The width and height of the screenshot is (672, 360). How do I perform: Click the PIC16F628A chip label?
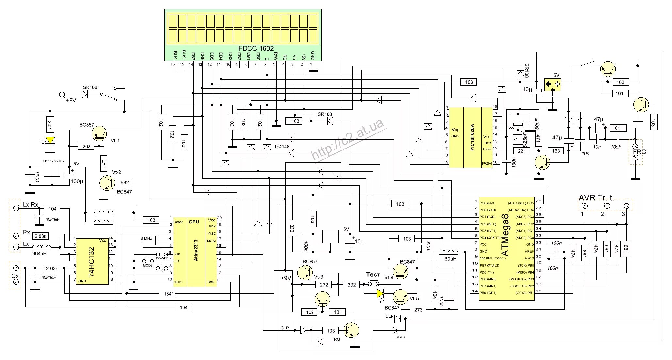coord(472,137)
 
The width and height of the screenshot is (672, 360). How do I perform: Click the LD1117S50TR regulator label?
coord(53,161)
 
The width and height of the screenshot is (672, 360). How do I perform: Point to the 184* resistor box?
coord(169,294)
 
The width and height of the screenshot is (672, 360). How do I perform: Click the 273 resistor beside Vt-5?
coord(418,310)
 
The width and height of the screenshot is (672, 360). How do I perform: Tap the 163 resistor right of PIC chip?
coord(556,151)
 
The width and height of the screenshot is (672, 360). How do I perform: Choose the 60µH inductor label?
coord(451,259)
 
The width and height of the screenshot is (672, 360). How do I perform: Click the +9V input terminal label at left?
coord(71,100)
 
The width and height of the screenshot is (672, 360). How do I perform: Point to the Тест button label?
coord(373,274)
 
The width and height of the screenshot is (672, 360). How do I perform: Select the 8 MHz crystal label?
coord(146,239)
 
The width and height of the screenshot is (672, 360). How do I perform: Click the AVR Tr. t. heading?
coord(596,198)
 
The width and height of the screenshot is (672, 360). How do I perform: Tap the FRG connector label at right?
coord(639,152)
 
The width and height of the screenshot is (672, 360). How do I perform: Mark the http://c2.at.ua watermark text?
coord(348,140)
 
